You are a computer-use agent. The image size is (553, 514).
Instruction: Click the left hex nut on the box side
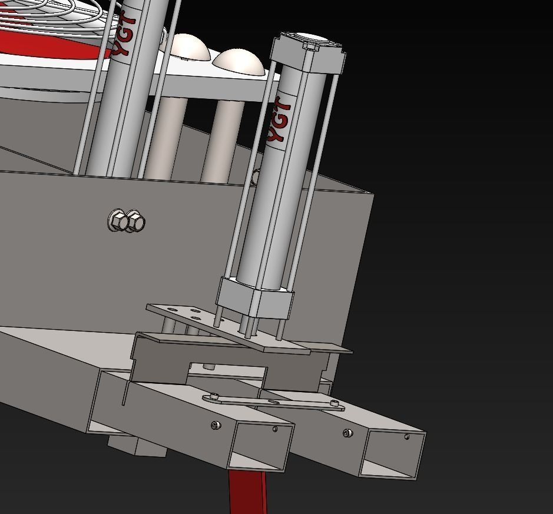coord(118,221)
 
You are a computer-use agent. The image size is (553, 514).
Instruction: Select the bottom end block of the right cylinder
coord(255,299)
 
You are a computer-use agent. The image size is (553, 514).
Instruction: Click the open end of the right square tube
coord(392,454)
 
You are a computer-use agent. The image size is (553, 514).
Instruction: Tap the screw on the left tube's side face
coord(216,425)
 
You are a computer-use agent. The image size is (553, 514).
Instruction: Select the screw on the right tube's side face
coord(347,433)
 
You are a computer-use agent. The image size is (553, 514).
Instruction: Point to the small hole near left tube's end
coord(275,429)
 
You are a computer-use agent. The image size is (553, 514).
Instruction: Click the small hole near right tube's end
coord(407,437)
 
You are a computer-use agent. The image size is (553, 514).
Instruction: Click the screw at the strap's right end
coord(335,403)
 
